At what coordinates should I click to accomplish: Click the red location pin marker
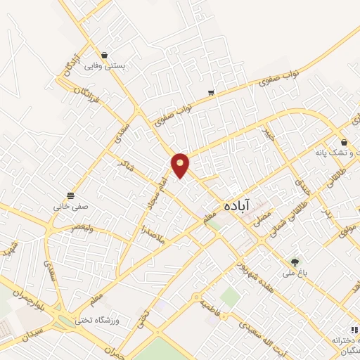tap(181, 165)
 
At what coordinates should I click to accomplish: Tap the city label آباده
tap(238, 206)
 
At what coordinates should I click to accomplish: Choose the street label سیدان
tap(30, 333)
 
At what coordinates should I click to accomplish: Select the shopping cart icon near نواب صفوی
tap(211, 93)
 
